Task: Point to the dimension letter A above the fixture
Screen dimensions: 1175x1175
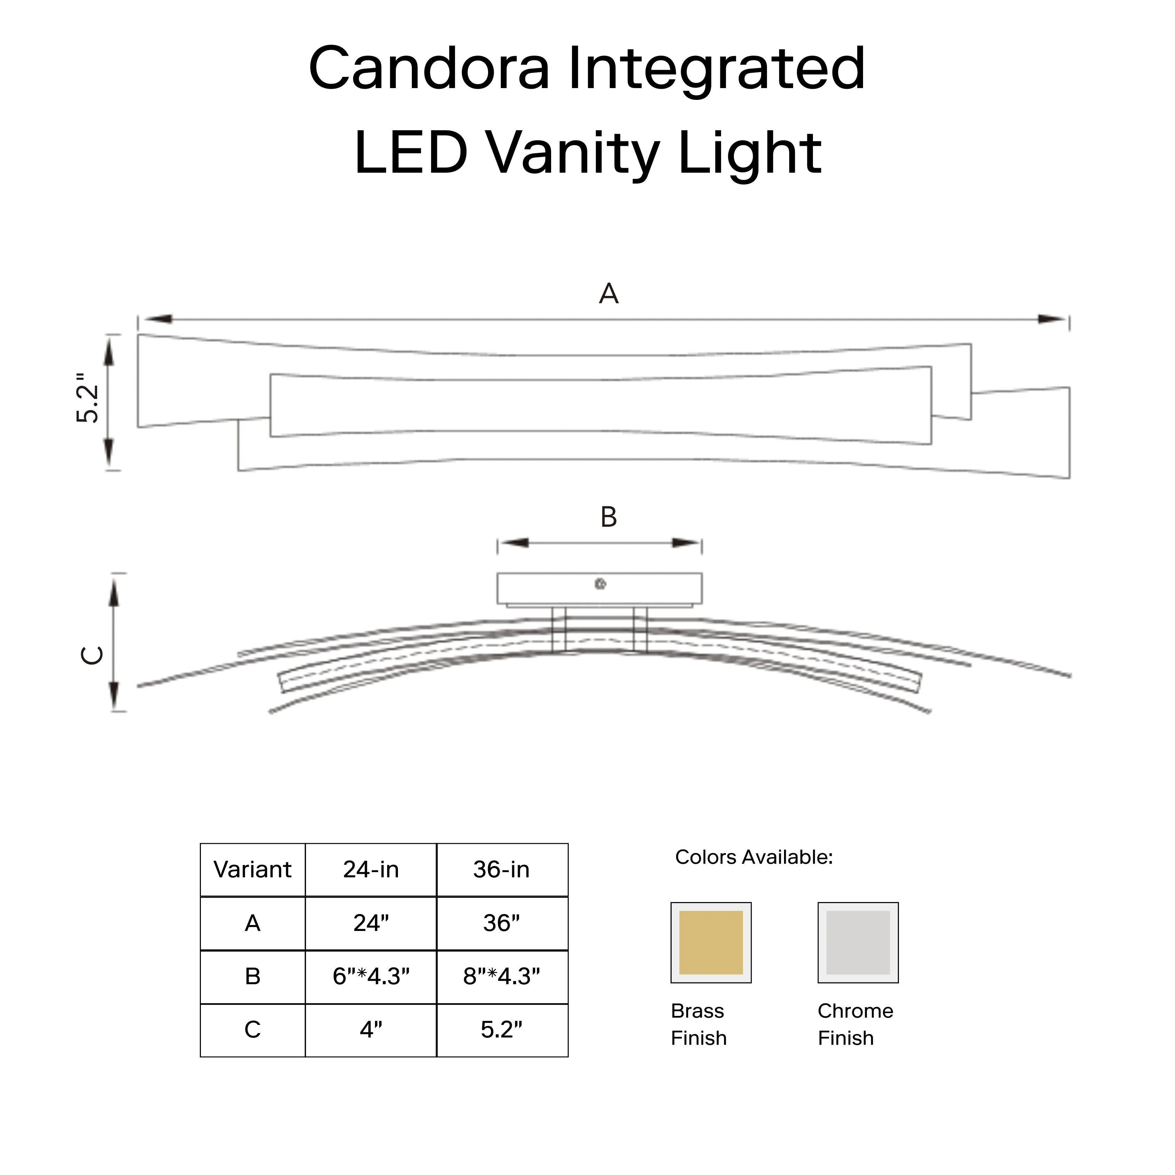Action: tap(609, 294)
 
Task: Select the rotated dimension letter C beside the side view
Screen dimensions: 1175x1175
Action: tap(93, 655)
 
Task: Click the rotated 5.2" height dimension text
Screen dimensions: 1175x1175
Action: tap(88, 398)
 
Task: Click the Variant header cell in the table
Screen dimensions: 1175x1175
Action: tap(252, 870)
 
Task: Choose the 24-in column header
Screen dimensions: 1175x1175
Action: tap(371, 870)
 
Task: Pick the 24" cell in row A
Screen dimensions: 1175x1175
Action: tap(371, 923)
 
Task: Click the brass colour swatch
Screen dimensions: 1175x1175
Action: tap(711, 943)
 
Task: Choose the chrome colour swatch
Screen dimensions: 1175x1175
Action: tap(858, 943)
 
